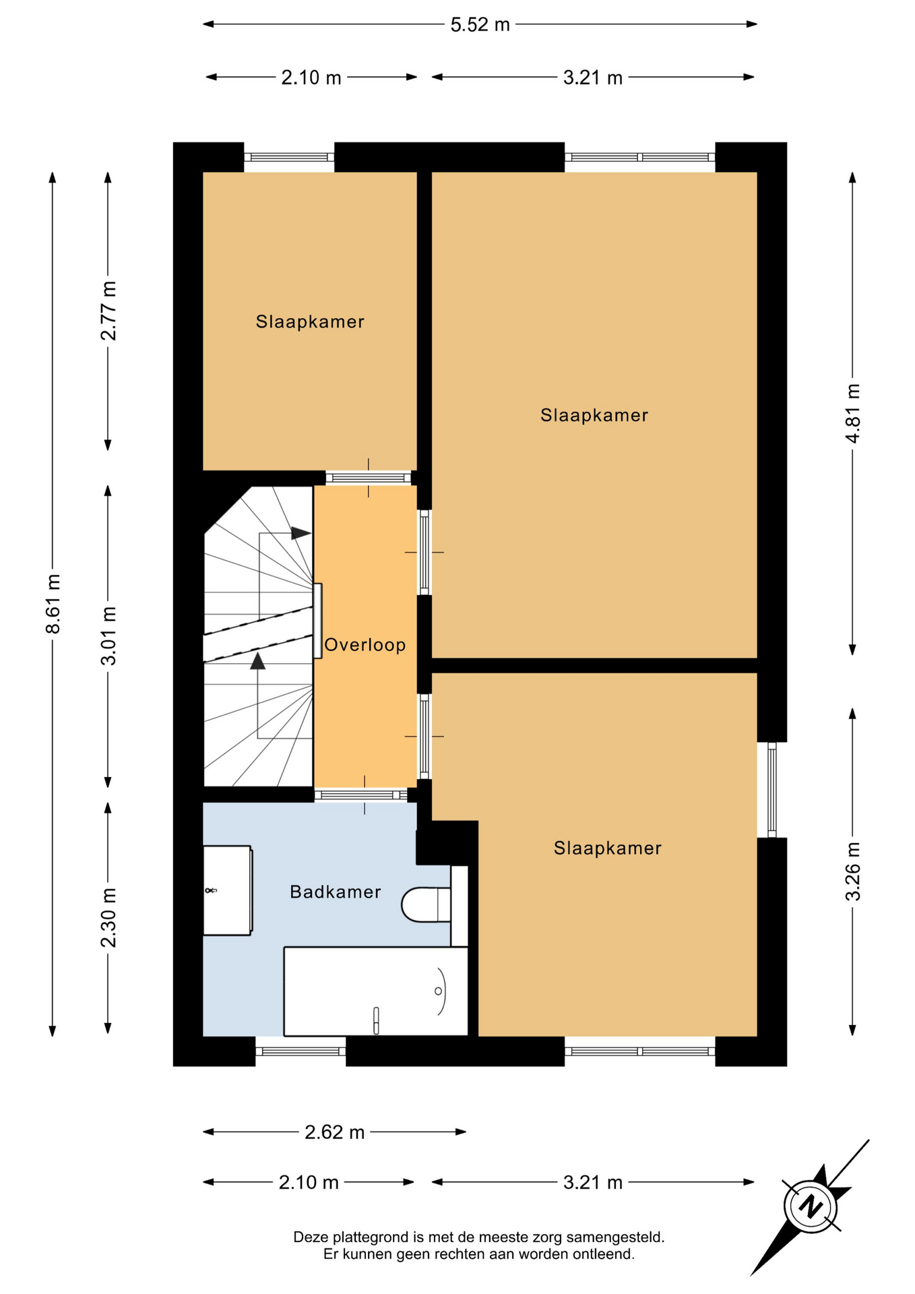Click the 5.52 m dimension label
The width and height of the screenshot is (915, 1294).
pyautogui.click(x=480, y=25)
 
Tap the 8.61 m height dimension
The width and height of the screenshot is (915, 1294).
pyautogui.click(x=53, y=604)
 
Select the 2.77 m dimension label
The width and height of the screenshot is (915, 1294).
pyautogui.click(x=108, y=311)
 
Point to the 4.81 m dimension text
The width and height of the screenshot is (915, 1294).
pyautogui.click(x=853, y=413)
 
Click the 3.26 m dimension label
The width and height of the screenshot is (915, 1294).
pyautogui.click(x=853, y=871)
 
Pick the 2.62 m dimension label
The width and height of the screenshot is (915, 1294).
pyautogui.click(x=334, y=1132)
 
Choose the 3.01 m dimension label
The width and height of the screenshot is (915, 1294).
pyautogui.click(x=108, y=636)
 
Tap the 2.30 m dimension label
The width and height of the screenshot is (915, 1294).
pyautogui.click(x=108, y=918)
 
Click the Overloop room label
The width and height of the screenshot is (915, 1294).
pyautogui.click(x=365, y=645)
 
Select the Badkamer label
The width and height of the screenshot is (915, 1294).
pyautogui.click(x=336, y=892)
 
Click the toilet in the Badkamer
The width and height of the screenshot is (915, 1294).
pyautogui.click(x=426, y=904)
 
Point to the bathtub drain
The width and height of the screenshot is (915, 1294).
pyautogui.click(x=438, y=991)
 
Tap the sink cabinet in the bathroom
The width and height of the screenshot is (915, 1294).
pyautogui.click(x=228, y=890)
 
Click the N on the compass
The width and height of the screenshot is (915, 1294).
pyautogui.click(x=811, y=1206)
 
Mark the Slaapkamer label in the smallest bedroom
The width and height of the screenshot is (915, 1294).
pyautogui.click(x=310, y=321)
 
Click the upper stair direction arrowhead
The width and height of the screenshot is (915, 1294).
pyautogui.click(x=301, y=533)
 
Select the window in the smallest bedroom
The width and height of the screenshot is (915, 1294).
pyautogui.click(x=289, y=157)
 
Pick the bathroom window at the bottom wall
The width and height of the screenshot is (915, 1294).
pyautogui.click(x=301, y=1051)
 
